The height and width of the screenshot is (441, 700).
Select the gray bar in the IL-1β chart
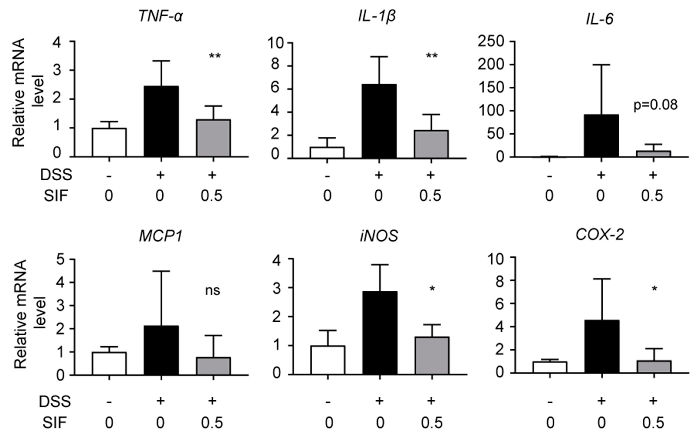(431, 144)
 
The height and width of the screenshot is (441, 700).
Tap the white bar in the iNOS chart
(328, 360)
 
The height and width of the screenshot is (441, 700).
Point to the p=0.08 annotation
(655, 105)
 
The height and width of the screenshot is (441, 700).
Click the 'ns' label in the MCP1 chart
(213, 290)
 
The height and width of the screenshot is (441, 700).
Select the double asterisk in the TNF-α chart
(215, 56)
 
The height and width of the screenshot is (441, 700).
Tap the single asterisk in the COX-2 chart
(654, 289)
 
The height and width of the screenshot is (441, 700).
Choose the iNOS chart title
(379, 236)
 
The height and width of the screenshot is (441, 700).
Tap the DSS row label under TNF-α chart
(56, 175)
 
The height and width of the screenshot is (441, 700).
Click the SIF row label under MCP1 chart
(55, 423)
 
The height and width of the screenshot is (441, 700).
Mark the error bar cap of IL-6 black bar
(601, 65)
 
